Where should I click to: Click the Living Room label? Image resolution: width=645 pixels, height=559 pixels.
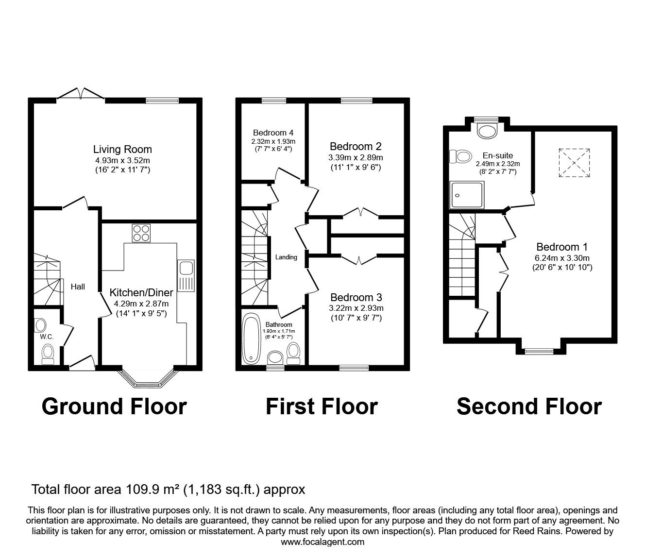click(x=122, y=149)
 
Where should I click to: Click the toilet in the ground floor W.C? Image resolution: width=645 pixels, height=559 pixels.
click(x=48, y=353)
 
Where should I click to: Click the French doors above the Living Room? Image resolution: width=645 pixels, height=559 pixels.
click(x=81, y=94)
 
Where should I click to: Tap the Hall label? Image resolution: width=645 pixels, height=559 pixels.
click(x=78, y=287)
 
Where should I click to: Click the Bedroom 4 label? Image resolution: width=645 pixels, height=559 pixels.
click(x=273, y=133)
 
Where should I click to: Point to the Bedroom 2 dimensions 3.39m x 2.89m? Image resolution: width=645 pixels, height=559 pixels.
click(x=356, y=157)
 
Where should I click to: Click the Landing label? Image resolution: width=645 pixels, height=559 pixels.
click(x=286, y=257)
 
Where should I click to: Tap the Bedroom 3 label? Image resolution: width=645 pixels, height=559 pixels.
click(x=356, y=297)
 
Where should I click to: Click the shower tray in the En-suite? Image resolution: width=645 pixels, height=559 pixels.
click(x=467, y=195)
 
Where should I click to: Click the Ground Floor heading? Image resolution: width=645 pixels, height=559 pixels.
click(x=114, y=407)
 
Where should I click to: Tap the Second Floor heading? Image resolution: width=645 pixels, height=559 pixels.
click(x=529, y=407)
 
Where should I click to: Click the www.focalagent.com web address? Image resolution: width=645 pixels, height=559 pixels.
click(x=322, y=542)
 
